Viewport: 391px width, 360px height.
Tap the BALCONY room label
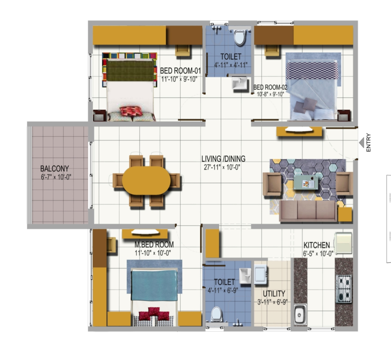(x=54, y=168)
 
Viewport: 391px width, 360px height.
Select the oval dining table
(x=146, y=180)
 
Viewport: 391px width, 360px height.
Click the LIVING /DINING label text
(x=223, y=159)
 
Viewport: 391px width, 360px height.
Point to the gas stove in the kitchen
(x=343, y=289)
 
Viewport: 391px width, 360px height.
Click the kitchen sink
(x=300, y=314)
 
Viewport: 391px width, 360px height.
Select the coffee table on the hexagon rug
(x=307, y=182)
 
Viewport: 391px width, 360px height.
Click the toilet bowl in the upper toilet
(x=239, y=38)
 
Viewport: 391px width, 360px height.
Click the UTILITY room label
(x=274, y=294)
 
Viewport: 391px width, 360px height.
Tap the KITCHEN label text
(x=316, y=245)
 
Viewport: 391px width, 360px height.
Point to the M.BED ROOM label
(x=154, y=244)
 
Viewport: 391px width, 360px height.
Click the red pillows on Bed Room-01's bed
(x=132, y=111)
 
